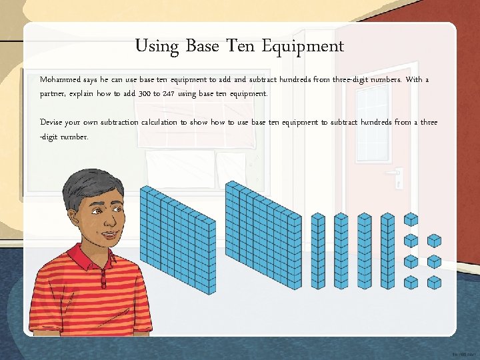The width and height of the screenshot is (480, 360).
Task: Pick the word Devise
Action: [51, 123]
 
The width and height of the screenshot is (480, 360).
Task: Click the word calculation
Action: [160, 123]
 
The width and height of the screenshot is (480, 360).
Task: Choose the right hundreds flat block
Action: [265, 237]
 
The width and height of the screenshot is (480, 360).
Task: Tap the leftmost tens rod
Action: [319, 251]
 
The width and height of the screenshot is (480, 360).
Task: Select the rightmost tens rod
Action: [387, 251]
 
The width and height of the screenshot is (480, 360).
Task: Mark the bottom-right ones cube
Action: [434, 282]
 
